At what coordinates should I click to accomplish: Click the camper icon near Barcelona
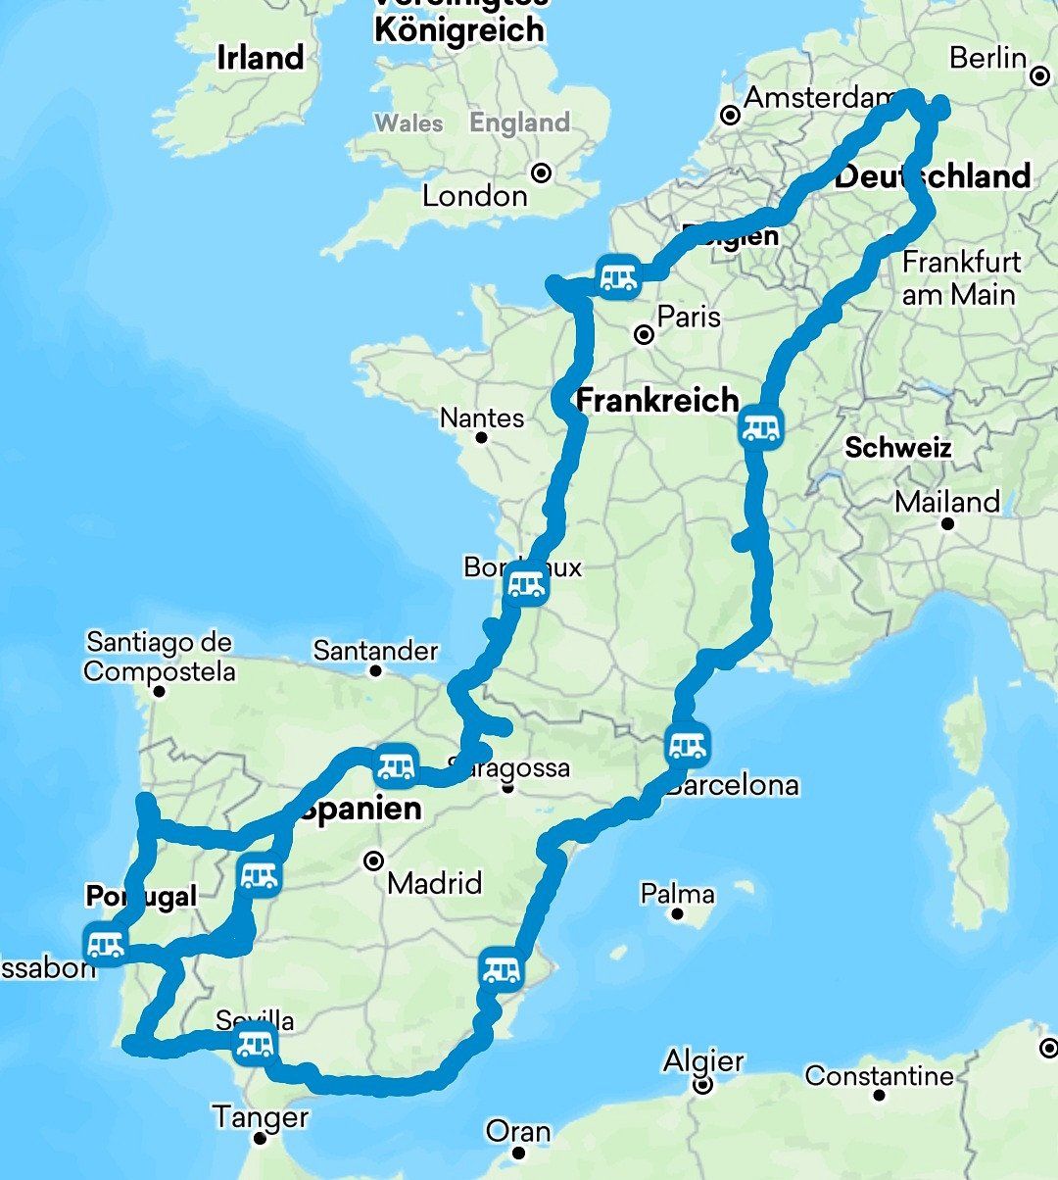tap(687, 747)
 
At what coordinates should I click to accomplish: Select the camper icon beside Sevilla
tap(255, 1045)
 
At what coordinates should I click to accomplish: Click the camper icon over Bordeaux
tap(526, 586)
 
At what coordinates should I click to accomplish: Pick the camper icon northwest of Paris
tap(618, 277)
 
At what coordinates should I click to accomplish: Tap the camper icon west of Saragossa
tap(396, 765)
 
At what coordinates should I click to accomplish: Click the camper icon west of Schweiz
tap(761, 427)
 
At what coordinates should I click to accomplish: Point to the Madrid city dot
tap(373, 861)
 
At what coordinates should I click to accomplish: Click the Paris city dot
tap(645, 335)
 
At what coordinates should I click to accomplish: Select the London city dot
tap(541, 173)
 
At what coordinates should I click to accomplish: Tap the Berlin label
tap(987, 58)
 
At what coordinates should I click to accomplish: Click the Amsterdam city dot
tap(730, 116)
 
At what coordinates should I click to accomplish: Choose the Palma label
tap(677, 894)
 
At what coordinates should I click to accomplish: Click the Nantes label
tap(482, 418)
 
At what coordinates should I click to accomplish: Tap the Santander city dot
tap(375, 671)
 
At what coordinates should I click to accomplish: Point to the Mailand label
tap(947, 503)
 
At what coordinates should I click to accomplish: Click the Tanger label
tap(261, 1116)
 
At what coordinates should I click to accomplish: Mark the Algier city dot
tap(702, 1085)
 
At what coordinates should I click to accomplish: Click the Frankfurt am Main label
tap(960, 278)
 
